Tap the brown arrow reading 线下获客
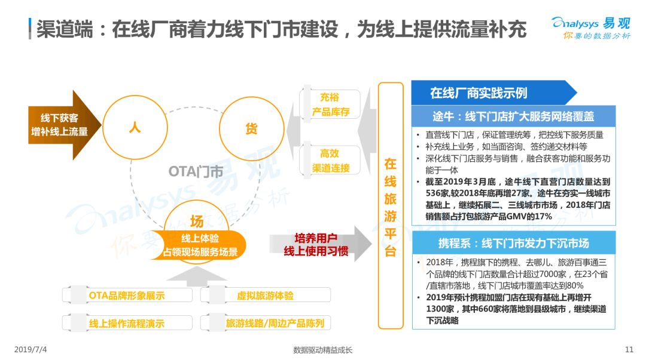point(65,125)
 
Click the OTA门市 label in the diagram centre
point(195,171)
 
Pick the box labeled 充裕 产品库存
point(330,104)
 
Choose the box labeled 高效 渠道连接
point(330,161)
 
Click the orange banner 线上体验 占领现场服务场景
point(199,245)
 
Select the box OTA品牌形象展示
point(127,295)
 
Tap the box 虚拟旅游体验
point(266,295)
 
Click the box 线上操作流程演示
point(127,323)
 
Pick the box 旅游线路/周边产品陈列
point(266,323)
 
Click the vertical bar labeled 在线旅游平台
point(390,205)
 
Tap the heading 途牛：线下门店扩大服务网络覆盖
point(513,117)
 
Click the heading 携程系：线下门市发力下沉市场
point(513,244)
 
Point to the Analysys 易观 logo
point(591,28)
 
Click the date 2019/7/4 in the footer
point(31,349)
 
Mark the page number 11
point(629,349)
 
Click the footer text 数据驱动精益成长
point(322,350)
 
